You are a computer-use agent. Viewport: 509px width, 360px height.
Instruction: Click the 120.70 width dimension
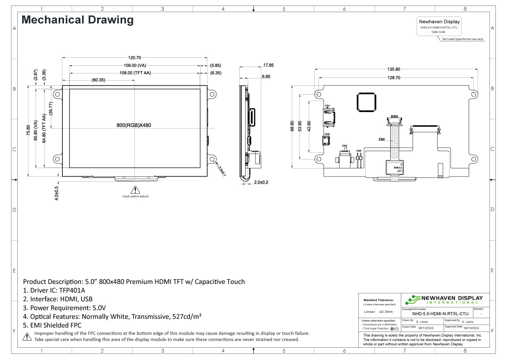coord(134,58)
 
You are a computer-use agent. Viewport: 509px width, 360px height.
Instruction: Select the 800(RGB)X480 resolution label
coord(134,125)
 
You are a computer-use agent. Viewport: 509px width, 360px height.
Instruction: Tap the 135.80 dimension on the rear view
coord(394,69)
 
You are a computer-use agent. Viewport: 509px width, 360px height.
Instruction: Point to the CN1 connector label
coord(327,106)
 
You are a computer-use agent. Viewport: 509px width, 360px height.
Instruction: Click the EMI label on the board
coord(381,139)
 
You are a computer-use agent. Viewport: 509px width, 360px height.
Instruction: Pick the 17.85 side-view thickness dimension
coord(268,65)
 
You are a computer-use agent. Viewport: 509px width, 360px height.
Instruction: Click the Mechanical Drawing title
coord(78,20)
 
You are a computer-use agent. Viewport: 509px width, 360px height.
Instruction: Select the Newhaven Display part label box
coord(439,26)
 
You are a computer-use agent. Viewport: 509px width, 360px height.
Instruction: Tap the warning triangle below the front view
coord(135,190)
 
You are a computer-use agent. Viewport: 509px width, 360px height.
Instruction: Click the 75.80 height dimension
coord(28,130)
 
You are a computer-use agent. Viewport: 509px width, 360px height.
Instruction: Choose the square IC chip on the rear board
coord(366,102)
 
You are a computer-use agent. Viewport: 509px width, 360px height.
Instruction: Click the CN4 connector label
coord(358,151)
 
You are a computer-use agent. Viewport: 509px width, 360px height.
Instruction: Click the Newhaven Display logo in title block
coord(443,299)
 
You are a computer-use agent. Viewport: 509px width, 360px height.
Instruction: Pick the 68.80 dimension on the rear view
coord(292,127)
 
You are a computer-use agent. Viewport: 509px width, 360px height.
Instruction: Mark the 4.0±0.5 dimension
coord(56,193)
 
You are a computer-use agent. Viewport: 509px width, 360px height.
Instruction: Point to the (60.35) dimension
coord(98,80)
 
